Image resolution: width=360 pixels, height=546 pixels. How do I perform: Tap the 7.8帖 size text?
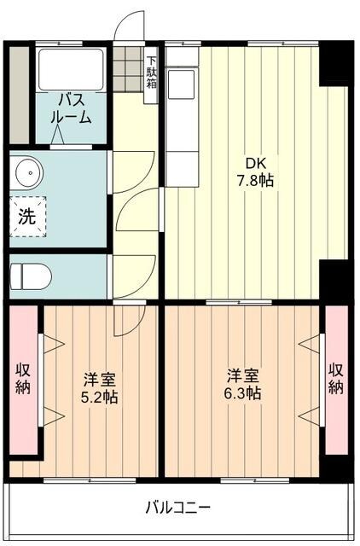coord(255,181)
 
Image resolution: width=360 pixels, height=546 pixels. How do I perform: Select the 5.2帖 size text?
coord(100,397)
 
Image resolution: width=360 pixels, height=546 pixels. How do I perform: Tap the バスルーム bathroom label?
coord(72,109)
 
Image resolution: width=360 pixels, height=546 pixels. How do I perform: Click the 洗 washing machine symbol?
coord(27,216)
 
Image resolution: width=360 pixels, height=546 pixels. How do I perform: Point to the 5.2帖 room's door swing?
coord(131,320)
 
